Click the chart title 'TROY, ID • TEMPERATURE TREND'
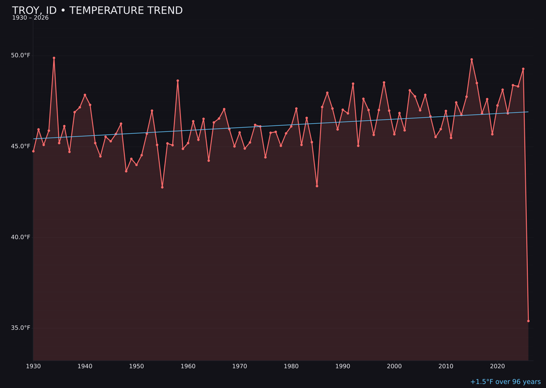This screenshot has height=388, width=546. point(97,11)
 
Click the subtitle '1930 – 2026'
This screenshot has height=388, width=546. point(30,18)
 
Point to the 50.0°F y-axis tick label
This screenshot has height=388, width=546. point(21,55)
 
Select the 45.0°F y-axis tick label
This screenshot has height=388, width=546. point(21,146)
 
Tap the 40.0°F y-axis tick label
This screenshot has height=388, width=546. point(21,237)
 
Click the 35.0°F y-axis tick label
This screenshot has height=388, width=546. point(21,328)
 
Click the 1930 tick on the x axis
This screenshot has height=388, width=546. point(33,366)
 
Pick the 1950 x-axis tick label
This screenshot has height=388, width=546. point(136,366)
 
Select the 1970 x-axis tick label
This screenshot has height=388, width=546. point(240,366)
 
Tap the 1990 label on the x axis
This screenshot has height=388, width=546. point(343,366)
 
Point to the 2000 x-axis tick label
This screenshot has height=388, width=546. point(394,366)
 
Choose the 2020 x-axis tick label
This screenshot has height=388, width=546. point(497,366)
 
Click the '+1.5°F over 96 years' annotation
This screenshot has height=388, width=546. point(505,382)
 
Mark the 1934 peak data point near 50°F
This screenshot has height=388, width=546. point(54,58)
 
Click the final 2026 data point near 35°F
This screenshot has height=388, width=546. point(528,321)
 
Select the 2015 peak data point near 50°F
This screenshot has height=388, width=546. point(472,60)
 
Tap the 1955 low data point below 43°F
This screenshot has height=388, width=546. point(162,187)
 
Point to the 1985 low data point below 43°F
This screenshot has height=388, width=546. point(317,186)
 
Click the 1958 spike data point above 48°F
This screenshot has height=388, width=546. point(177,81)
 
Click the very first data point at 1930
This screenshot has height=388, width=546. point(33,151)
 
